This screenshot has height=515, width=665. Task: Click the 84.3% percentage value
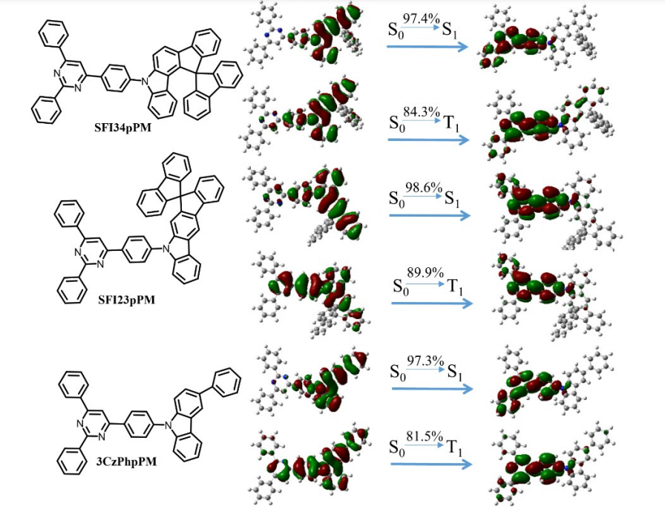[x=421, y=111]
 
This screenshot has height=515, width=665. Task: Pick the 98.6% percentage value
[x=422, y=188]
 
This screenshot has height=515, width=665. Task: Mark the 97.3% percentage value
[x=422, y=360]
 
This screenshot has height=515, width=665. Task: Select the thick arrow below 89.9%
[x=431, y=303]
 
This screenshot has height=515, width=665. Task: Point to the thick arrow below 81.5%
[x=431, y=465]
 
